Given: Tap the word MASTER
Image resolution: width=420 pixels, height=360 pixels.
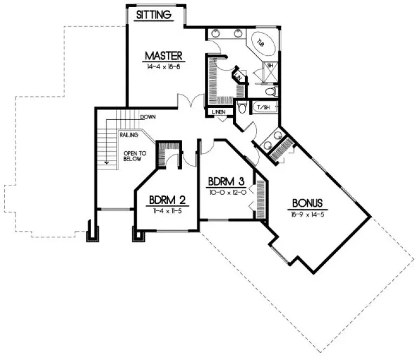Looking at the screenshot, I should [166, 55].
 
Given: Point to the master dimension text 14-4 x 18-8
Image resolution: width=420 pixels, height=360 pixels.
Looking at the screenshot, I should [166, 67].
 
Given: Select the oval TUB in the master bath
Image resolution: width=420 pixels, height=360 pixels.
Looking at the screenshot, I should [260, 42].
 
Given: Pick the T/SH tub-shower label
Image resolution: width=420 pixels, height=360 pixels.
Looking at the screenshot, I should [263, 107].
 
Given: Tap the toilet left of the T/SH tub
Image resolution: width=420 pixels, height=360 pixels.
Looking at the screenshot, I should [242, 107].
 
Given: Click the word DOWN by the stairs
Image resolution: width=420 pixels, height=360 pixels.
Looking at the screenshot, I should [148, 117].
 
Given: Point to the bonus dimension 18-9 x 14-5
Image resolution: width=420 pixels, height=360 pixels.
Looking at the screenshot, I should [307, 214].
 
